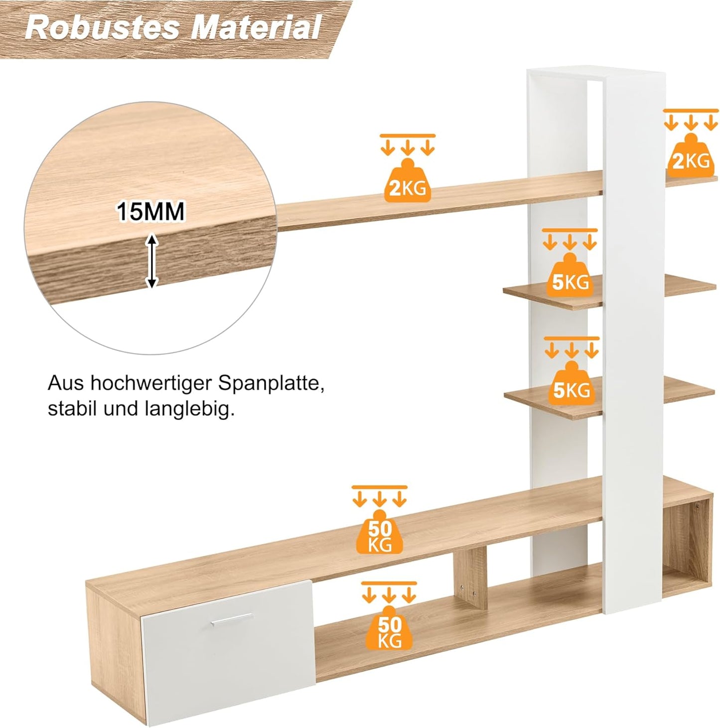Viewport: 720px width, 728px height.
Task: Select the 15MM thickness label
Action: (x=151, y=212)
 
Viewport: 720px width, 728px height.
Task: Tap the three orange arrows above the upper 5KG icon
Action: (x=570, y=242)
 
